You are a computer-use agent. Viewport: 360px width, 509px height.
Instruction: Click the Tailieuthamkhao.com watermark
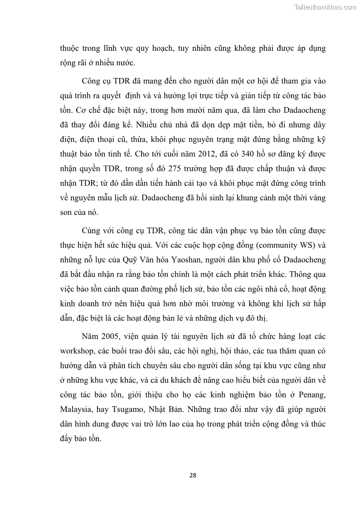click(326, 7)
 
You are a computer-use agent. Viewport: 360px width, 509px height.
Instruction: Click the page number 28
click(192, 475)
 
